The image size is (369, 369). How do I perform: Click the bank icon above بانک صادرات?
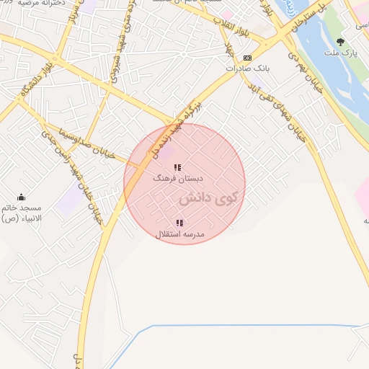247,58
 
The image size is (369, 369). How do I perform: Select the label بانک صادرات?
247,68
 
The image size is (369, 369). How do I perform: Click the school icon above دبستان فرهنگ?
177,167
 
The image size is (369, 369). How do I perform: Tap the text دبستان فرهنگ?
179,177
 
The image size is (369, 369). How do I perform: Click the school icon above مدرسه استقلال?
179,223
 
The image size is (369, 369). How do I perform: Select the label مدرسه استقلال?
180,234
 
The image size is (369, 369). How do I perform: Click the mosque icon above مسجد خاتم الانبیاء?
21,197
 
